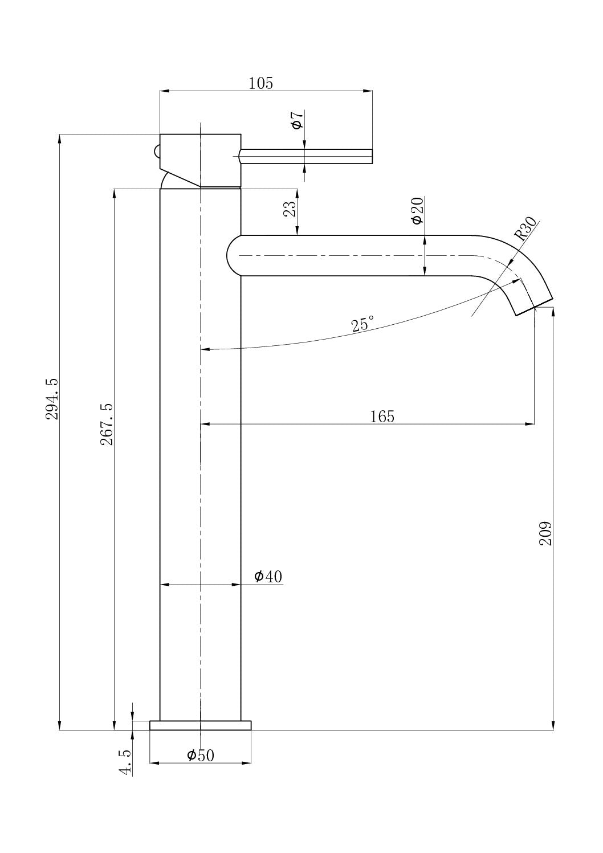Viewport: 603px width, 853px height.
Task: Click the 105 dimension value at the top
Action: [x=261, y=84]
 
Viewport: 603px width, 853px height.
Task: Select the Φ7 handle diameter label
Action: [x=297, y=120]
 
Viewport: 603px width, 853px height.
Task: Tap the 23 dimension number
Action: [x=290, y=209]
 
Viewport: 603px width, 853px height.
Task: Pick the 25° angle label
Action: [x=362, y=324]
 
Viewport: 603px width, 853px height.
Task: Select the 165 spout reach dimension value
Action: [x=382, y=417]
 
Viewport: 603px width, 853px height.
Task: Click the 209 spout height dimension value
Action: [x=545, y=533]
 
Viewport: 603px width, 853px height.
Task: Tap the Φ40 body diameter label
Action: [x=268, y=577]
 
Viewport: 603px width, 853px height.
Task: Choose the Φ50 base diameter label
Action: [x=201, y=756]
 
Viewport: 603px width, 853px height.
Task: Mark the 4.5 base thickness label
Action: [x=125, y=762]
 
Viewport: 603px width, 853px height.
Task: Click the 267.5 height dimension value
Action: [x=107, y=425]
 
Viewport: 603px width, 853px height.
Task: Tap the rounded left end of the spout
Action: [x=234, y=256]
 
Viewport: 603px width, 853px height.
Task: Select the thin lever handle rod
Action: [x=308, y=156]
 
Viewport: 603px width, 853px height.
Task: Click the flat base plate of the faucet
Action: [x=200, y=725]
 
